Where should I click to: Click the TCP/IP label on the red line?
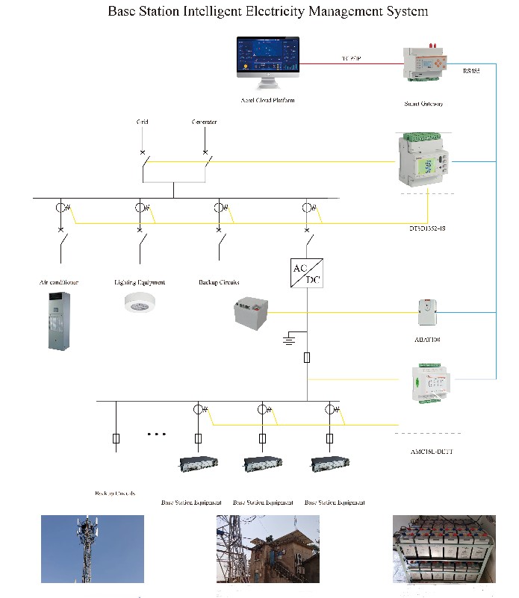(351, 58)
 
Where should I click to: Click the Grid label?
(142, 122)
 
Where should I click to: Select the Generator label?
(205, 122)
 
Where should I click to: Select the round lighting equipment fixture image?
(140, 301)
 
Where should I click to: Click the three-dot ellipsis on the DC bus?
(156, 434)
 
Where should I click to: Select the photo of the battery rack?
(444, 549)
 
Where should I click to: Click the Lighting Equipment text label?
(140, 282)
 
